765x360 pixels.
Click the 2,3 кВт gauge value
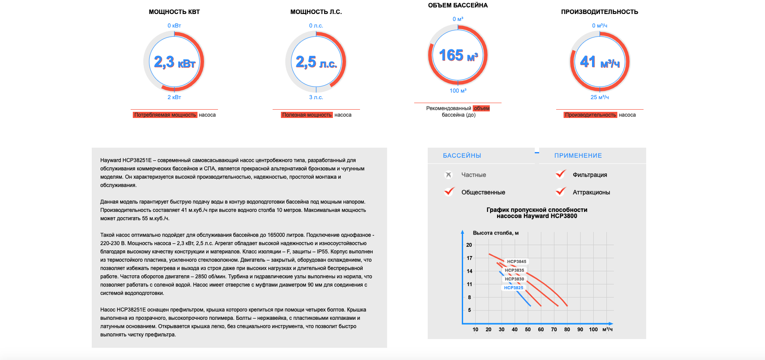[x=174, y=62]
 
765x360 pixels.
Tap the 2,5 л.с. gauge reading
[x=316, y=62]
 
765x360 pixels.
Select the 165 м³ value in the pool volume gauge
[x=458, y=55]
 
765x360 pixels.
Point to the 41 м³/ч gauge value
[x=600, y=62]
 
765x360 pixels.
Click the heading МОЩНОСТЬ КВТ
[x=174, y=12]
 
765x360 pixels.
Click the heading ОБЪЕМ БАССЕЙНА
[x=458, y=5]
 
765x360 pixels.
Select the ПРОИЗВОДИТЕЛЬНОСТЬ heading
[x=599, y=12]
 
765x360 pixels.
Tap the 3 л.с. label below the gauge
[x=316, y=97]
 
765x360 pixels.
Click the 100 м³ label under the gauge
[x=458, y=91]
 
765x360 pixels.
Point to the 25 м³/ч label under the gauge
[x=599, y=97]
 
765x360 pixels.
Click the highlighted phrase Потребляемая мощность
[x=165, y=115]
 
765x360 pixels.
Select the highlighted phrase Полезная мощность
[x=307, y=115]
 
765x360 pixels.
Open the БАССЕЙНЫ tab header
[x=462, y=156]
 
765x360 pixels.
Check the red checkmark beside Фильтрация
[x=561, y=174]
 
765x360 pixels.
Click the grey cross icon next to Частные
[x=448, y=175]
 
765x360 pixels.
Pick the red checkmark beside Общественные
[x=449, y=191]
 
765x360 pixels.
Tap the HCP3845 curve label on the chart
[x=516, y=262]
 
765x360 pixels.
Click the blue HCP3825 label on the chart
[x=513, y=288]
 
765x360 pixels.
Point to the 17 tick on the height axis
[x=469, y=258]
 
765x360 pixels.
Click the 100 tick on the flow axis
[x=593, y=329]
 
